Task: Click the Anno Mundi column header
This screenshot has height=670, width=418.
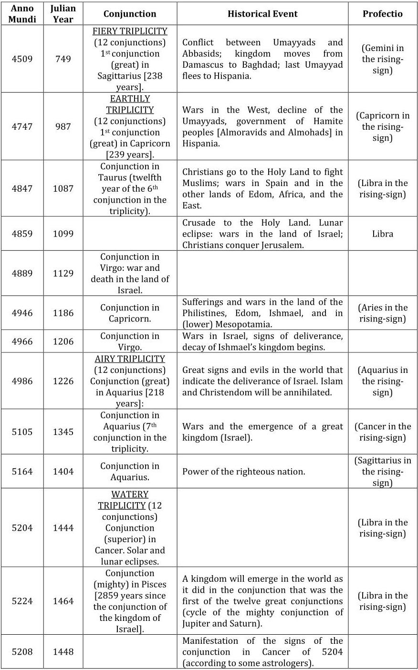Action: (x=22, y=14)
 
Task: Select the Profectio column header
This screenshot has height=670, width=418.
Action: (x=382, y=14)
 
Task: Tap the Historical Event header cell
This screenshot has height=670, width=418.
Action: (x=262, y=14)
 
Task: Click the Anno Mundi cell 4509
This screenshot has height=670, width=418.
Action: (x=22, y=59)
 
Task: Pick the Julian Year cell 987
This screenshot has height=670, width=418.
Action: (x=63, y=126)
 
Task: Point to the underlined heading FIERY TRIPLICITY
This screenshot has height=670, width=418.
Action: (x=130, y=31)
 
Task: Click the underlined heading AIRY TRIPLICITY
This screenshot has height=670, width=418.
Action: (x=130, y=359)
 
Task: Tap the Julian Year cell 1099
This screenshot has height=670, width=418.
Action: (x=63, y=234)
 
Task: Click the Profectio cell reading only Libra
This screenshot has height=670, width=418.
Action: (x=383, y=234)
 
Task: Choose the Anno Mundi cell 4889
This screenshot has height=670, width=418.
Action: (x=22, y=273)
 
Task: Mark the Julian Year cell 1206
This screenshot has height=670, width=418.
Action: (x=63, y=341)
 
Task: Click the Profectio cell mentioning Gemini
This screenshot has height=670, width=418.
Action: (x=383, y=59)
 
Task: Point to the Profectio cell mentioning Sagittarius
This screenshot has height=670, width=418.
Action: (x=383, y=472)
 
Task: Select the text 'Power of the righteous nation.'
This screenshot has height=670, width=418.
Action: (x=243, y=472)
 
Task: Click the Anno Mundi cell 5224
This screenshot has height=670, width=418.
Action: (x=22, y=601)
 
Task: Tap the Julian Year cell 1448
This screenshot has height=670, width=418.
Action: (x=63, y=652)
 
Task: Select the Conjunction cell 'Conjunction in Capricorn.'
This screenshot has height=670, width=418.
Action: (x=130, y=313)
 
